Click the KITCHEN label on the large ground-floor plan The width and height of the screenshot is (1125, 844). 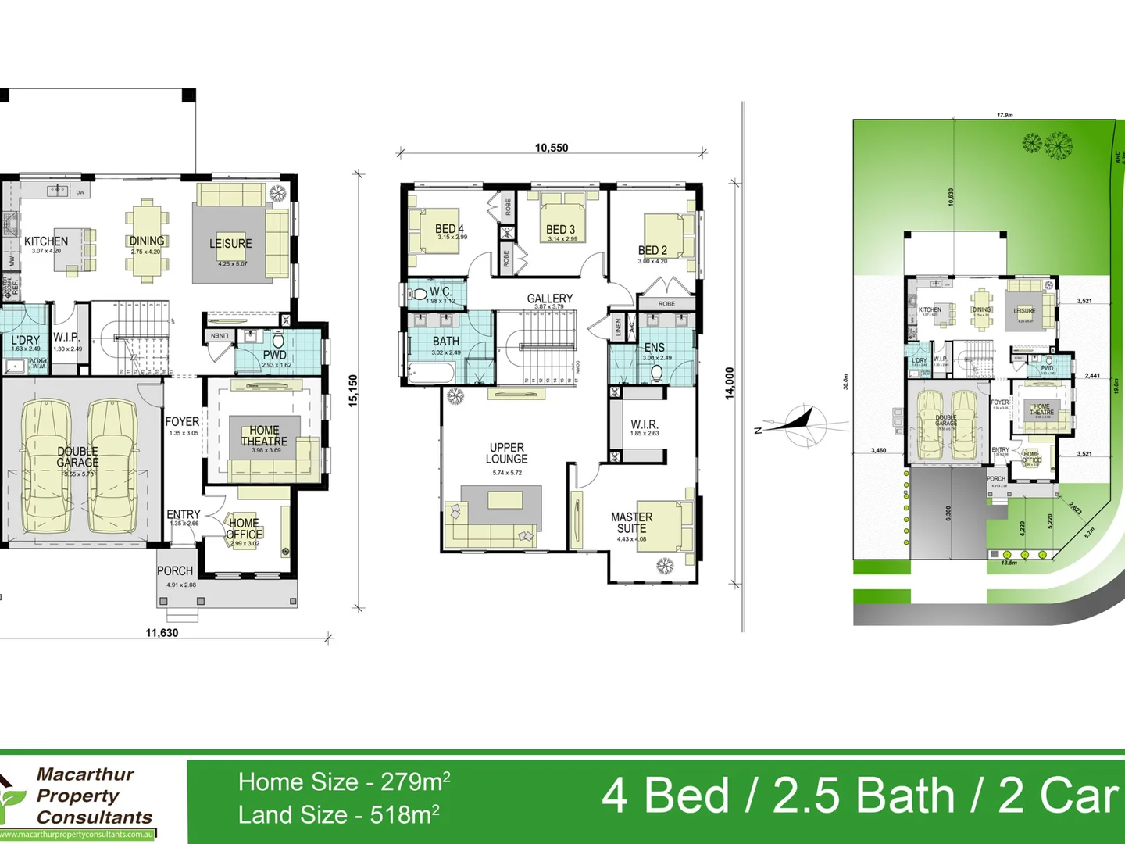point(46,242)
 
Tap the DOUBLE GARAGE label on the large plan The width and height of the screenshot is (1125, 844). point(77,457)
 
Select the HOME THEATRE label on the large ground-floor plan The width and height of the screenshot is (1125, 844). point(264,436)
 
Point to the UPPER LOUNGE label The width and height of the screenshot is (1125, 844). point(507,454)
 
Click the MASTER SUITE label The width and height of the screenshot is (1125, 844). point(632,523)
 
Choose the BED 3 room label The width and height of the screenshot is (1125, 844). point(561,230)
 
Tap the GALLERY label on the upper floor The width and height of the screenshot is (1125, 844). point(549,299)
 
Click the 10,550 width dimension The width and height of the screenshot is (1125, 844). point(552,148)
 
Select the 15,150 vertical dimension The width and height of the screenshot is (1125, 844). point(353,391)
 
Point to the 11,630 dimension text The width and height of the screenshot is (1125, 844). point(162,633)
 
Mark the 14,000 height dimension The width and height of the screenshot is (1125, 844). point(730,384)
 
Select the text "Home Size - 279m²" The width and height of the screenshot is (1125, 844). point(344,781)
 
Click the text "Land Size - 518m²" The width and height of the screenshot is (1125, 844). point(338,815)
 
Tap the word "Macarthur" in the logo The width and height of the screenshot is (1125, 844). point(85,774)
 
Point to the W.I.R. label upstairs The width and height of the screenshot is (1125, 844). point(645,424)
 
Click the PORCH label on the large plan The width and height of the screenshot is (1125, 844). point(175,571)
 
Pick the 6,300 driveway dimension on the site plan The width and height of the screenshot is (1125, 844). point(948,513)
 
